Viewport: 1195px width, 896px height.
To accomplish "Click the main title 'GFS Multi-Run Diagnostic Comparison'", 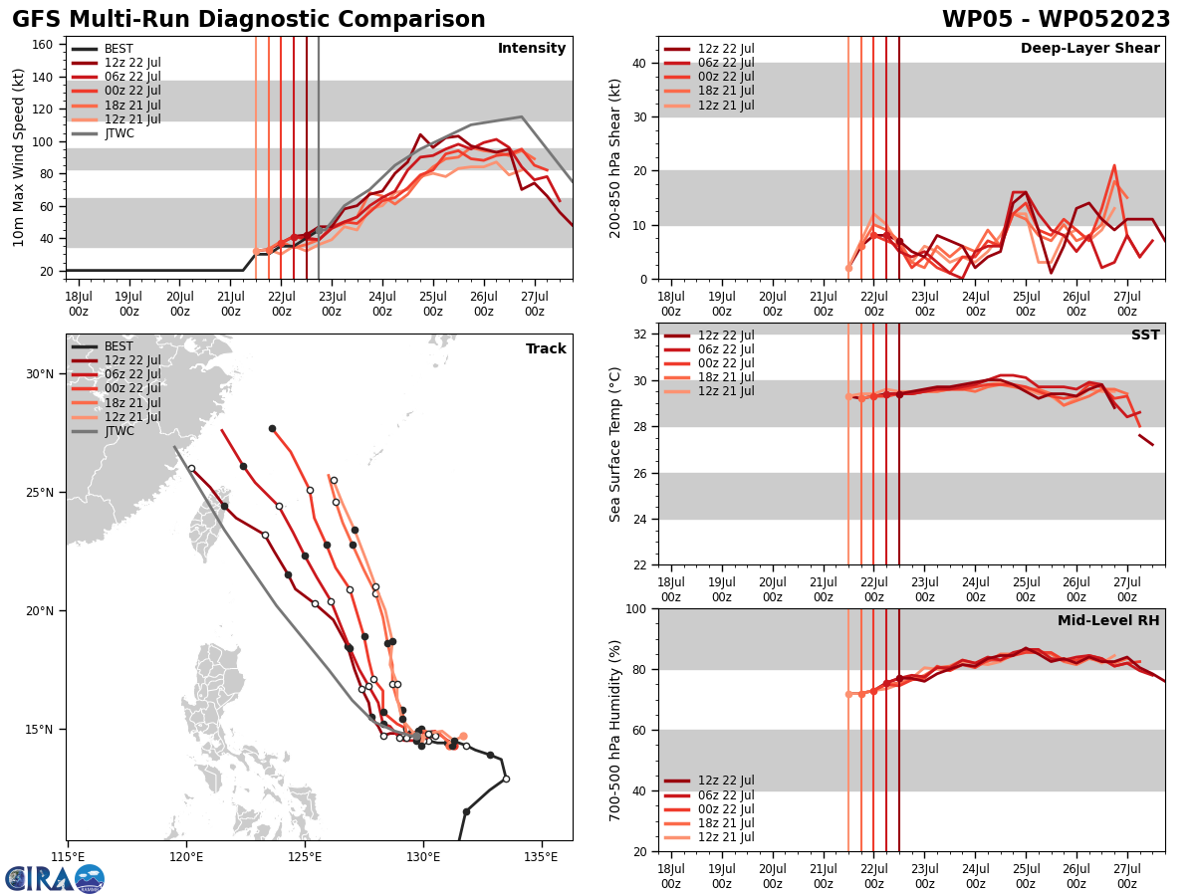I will click(249, 20).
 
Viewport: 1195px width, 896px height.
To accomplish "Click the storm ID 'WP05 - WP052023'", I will click(1056, 20).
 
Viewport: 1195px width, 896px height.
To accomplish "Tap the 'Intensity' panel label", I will click(532, 49).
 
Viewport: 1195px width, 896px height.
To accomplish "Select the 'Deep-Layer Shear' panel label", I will click(1089, 49).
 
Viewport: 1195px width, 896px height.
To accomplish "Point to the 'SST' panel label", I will click(1145, 336).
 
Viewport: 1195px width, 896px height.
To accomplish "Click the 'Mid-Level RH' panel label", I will click(1108, 621).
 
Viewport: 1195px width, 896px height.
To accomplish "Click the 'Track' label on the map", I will click(546, 349).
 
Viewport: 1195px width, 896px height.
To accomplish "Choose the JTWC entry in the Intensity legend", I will click(119, 133).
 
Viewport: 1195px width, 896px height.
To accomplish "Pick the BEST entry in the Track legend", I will click(119, 346).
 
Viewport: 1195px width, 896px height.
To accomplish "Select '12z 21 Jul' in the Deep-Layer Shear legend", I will click(727, 106).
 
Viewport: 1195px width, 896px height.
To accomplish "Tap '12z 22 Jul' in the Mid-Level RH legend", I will click(727, 781).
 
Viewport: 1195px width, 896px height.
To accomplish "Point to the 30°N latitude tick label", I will click(40, 374).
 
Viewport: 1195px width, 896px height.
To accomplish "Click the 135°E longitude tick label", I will click(541, 856).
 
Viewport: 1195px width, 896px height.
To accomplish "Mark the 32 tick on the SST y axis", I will click(641, 335).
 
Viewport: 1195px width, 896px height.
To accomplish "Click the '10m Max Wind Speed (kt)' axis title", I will click(19, 157).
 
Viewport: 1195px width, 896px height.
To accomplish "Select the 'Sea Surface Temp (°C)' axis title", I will click(615, 444).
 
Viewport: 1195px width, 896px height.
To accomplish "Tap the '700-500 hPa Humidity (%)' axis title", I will click(615, 730).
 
